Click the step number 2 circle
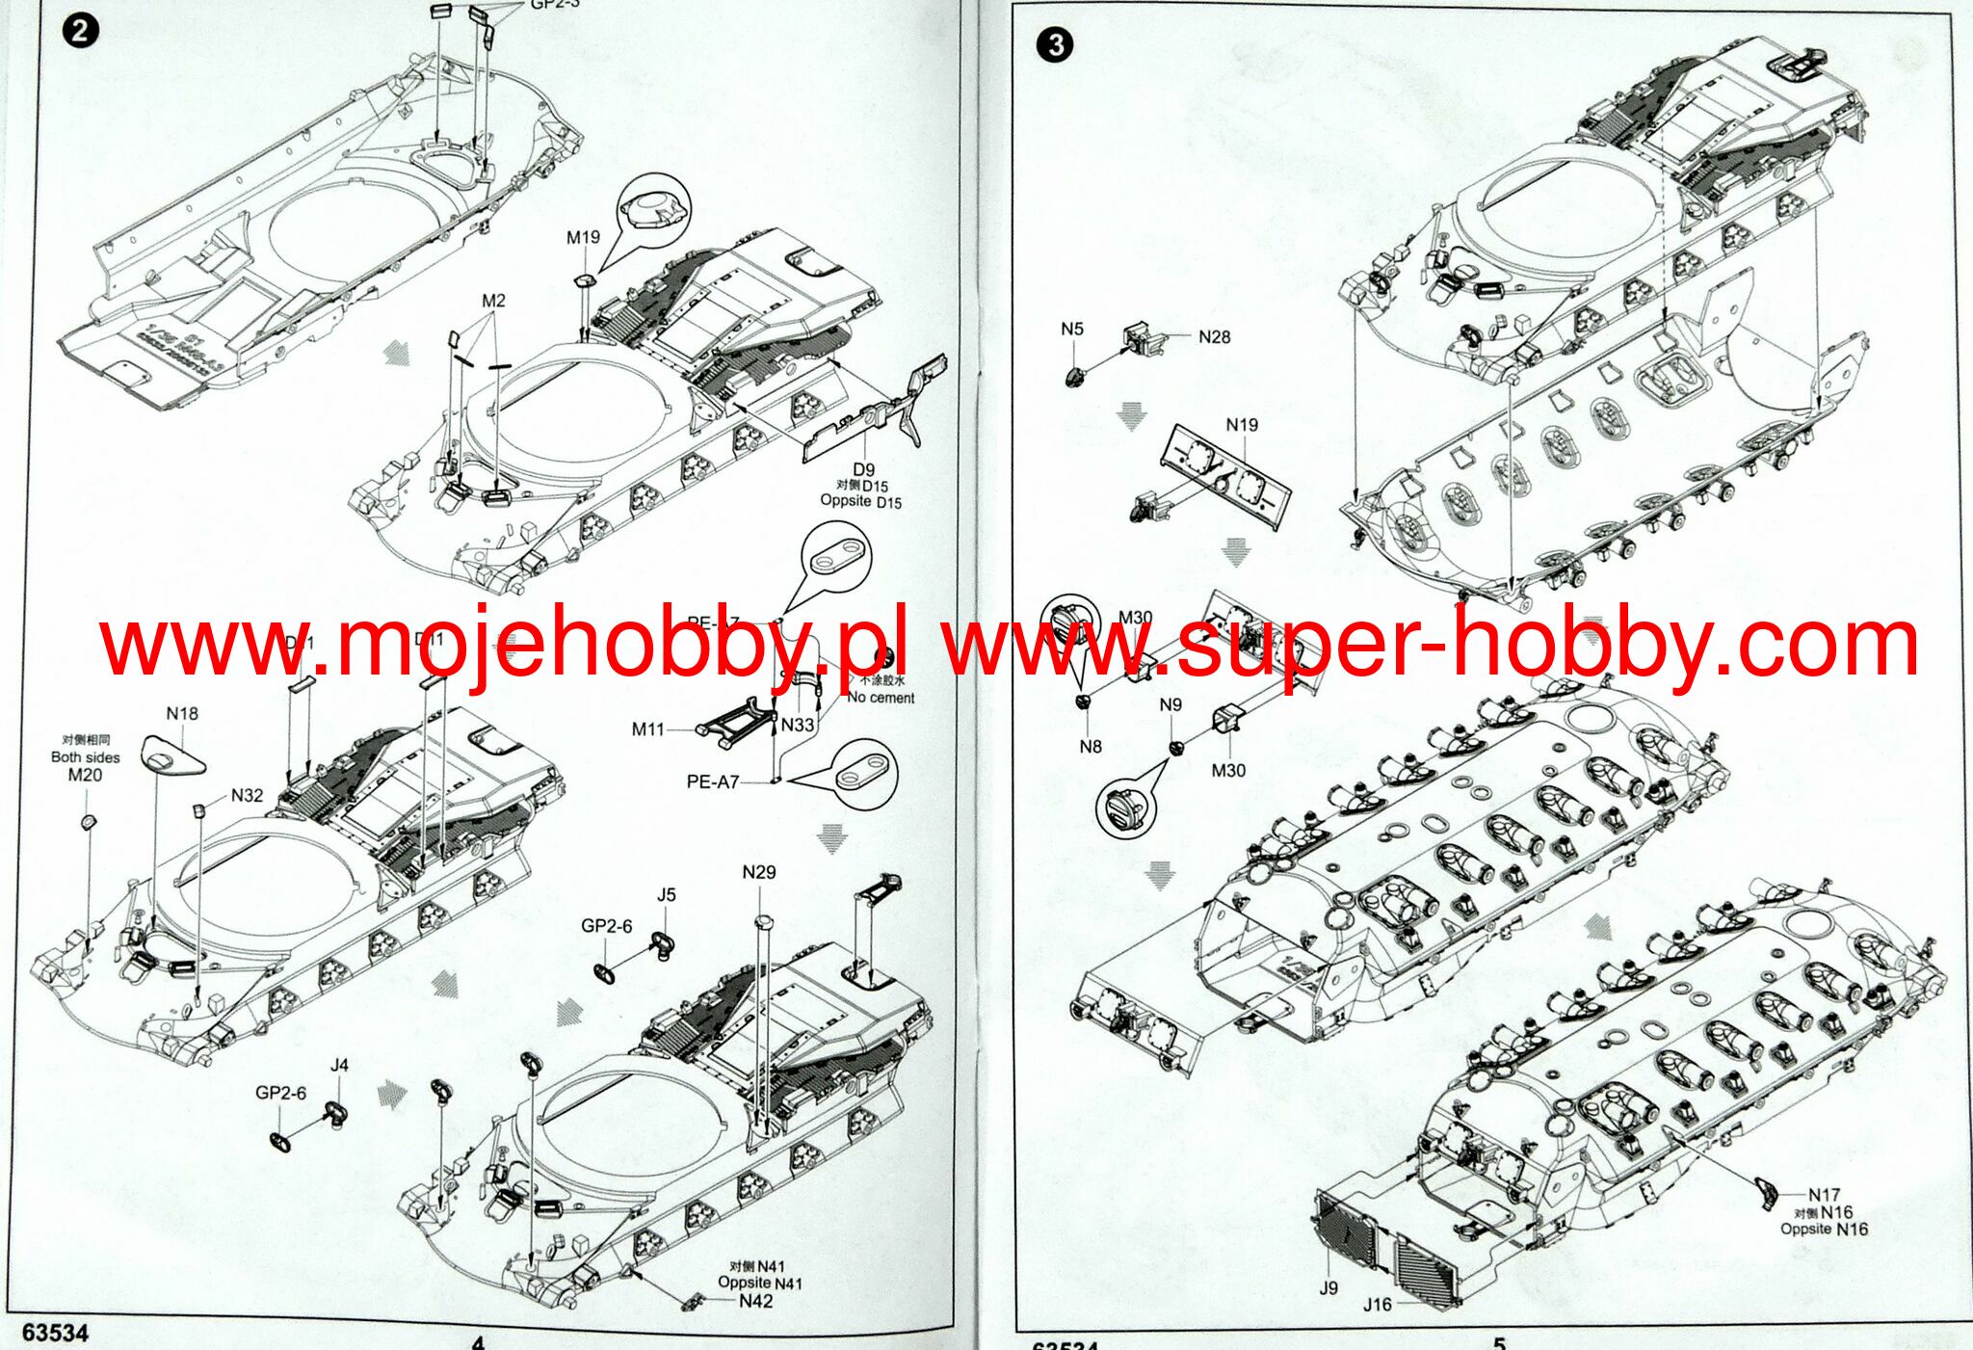pyautogui.click(x=80, y=31)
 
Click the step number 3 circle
pyautogui.click(x=1056, y=44)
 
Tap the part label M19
pyautogui.click(x=583, y=237)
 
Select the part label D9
pyautogui.click(x=863, y=469)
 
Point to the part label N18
pyautogui.click(x=182, y=713)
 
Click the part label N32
pyautogui.click(x=247, y=795)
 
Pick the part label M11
pyautogui.click(x=648, y=729)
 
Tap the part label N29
pyautogui.click(x=759, y=872)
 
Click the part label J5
pyautogui.click(x=667, y=894)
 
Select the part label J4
pyautogui.click(x=339, y=1065)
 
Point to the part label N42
pyautogui.click(x=756, y=1301)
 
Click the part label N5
pyautogui.click(x=1072, y=329)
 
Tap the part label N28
pyautogui.click(x=1214, y=336)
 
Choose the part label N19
pyautogui.click(x=1242, y=424)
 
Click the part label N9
pyautogui.click(x=1171, y=704)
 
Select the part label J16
pyautogui.click(x=1378, y=1305)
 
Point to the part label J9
pyautogui.click(x=1328, y=1287)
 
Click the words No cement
pyautogui.click(x=881, y=698)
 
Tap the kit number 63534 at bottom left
pyautogui.click(x=55, y=1333)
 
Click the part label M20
pyautogui.click(x=85, y=775)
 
